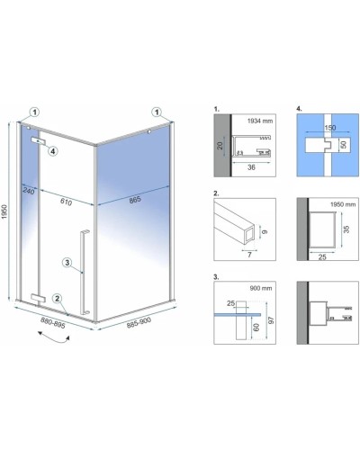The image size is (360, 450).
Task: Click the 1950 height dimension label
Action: tap(4, 211)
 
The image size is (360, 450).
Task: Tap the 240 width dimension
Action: tap(29, 191)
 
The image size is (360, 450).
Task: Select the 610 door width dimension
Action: tap(66, 202)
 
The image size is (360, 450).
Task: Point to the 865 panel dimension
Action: tap(135, 200)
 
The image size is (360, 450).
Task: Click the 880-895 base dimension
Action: tap(53, 323)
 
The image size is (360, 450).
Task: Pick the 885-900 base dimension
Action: tap(139, 323)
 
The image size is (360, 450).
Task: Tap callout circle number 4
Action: tap(53, 151)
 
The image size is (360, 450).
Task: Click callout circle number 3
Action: tap(67, 263)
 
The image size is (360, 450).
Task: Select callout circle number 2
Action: tap(58, 299)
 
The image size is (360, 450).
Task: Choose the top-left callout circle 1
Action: tap(35, 112)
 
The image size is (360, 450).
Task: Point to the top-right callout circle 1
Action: tap(157, 112)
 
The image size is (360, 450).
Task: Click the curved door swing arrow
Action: tap(53, 337)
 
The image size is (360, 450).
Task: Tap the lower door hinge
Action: tap(38, 298)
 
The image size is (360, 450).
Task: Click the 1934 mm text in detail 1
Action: tap(260, 121)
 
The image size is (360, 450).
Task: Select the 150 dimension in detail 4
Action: tap(330, 128)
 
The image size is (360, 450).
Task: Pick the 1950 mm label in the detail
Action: tap(343, 204)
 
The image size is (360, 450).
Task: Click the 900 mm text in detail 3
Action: tap(261, 288)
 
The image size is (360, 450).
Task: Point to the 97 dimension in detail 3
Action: tap(272, 319)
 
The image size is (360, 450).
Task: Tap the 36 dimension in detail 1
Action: tap(251, 167)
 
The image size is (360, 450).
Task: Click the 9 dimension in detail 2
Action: tap(265, 231)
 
